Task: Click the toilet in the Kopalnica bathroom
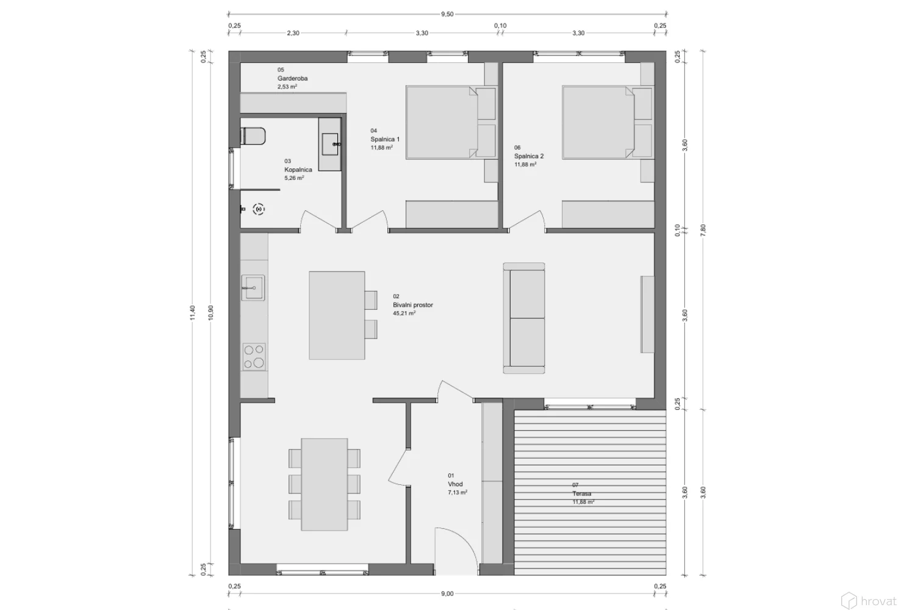pyautogui.click(x=253, y=136)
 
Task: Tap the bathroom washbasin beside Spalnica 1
pyautogui.click(x=330, y=144)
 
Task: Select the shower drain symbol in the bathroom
pyautogui.click(x=259, y=209)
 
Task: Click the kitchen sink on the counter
pyautogui.click(x=253, y=287)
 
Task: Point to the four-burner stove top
pyautogui.click(x=254, y=357)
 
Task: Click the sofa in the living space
pyautogui.click(x=523, y=318)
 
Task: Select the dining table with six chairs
pyautogui.click(x=325, y=484)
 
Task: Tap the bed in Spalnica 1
pyautogui.click(x=451, y=122)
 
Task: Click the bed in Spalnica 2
pyautogui.click(x=608, y=122)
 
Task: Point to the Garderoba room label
pyautogui.click(x=292, y=79)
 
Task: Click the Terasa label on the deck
pyautogui.click(x=582, y=493)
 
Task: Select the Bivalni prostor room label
pyautogui.click(x=413, y=305)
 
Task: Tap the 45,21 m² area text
pyautogui.click(x=404, y=314)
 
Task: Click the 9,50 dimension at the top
pyautogui.click(x=447, y=14)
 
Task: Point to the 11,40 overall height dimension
pyautogui.click(x=193, y=313)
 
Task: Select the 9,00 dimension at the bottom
pyautogui.click(x=447, y=594)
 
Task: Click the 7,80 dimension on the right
pyautogui.click(x=703, y=231)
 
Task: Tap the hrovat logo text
pyautogui.click(x=878, y=601)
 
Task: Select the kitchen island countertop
pyautogui.click(x=337, y=315)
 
